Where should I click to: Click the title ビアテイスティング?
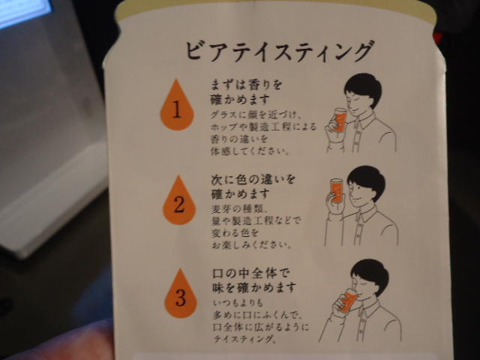click(x=280, y=50)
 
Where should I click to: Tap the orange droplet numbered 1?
click(x=177, y=106)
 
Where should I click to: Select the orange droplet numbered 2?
click(x=179, y=200)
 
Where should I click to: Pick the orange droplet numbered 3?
click(x=181, y=294)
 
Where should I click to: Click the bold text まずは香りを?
click(x=246, y=85)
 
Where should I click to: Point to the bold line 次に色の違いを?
click(x=253, y=179)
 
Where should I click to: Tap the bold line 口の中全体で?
click(x=250, y=273)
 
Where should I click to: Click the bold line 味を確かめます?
click(x=254, y=287)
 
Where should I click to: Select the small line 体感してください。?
click(x=250, y=151)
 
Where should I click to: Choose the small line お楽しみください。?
click(x=251, y=245)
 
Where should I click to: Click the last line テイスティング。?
click(x=244, y=339)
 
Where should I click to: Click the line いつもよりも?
click(x=238, y=303)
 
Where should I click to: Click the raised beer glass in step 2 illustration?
click(x=337, y=190)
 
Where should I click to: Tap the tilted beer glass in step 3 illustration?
click(x=348, y=301)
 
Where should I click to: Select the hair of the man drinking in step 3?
click(x=371, y=274)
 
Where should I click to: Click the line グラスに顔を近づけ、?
click(x=256, y=115)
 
